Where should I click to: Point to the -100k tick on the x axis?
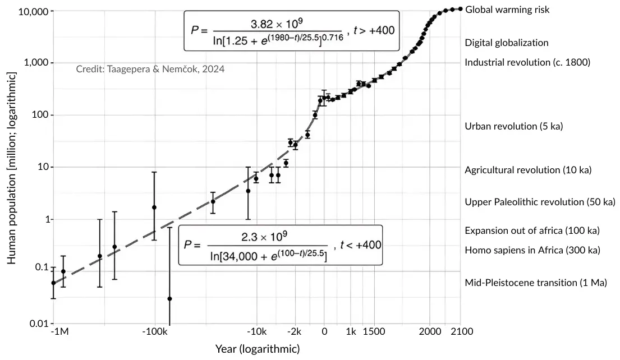point(154,331)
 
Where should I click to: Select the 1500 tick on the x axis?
point(374,331)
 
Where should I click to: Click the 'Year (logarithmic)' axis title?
point(258,349)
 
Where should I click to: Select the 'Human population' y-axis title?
point(12,169)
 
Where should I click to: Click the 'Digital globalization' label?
point(507,43)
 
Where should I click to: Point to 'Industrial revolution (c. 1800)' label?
point(527,62)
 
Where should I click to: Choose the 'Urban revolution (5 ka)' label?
point(513,126)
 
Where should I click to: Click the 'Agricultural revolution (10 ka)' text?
point(528,170)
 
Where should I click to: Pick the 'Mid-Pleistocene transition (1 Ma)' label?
point(536,283)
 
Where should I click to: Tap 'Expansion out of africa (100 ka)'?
point(532,230)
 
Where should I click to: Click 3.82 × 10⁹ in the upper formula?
point(278,23)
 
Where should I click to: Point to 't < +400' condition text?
point(357,246)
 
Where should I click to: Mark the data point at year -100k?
point(154,207)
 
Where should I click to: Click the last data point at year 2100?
point(461,9)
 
